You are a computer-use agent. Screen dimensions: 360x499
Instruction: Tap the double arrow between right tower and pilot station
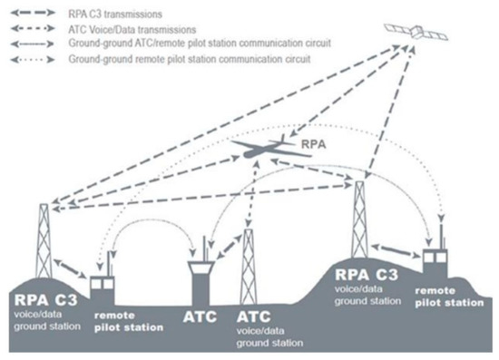[399, 246]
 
